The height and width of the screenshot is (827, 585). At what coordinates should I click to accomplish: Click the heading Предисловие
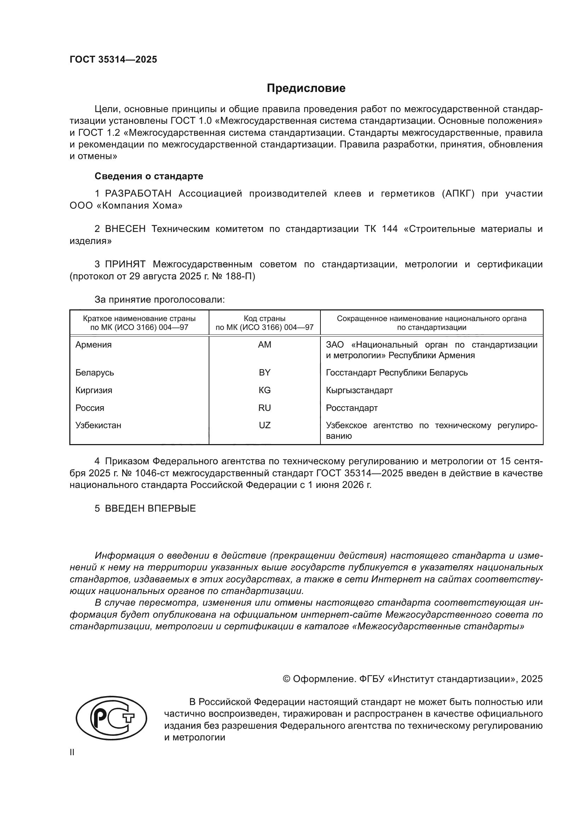(x=306, y=88)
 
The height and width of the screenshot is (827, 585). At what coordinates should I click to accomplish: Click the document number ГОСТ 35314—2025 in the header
(x=113, y=59)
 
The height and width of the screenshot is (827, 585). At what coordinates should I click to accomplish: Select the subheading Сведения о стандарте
(x=149, y=176)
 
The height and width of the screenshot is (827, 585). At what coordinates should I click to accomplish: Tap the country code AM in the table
(x=265, y=345)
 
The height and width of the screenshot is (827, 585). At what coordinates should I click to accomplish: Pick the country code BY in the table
(x=265, y=372)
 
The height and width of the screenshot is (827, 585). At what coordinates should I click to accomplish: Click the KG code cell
(x=265, y=390)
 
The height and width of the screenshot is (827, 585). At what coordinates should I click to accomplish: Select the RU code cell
(x=265, y=408)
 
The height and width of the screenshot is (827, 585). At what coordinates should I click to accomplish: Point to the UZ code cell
(x=265, y=425)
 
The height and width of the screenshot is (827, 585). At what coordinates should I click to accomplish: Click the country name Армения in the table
(x=93, y=345)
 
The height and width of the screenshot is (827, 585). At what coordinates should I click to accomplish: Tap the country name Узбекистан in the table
(x=98, y=425)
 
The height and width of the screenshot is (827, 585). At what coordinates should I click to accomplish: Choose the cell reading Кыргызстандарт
(x=359, y=390)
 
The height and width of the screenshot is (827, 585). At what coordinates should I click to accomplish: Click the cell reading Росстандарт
(x=352, y=408)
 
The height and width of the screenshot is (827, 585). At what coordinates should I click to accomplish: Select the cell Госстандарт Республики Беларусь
(x=396, y=372)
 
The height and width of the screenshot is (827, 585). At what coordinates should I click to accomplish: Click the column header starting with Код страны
(x=265, y=323)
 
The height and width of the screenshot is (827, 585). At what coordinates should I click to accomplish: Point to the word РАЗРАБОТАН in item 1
(x=138, y=194)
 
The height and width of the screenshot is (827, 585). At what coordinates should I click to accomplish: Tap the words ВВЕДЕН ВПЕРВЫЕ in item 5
(x=150, y=508)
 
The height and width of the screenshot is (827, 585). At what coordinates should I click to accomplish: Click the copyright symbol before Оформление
(x=287, y=679)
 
